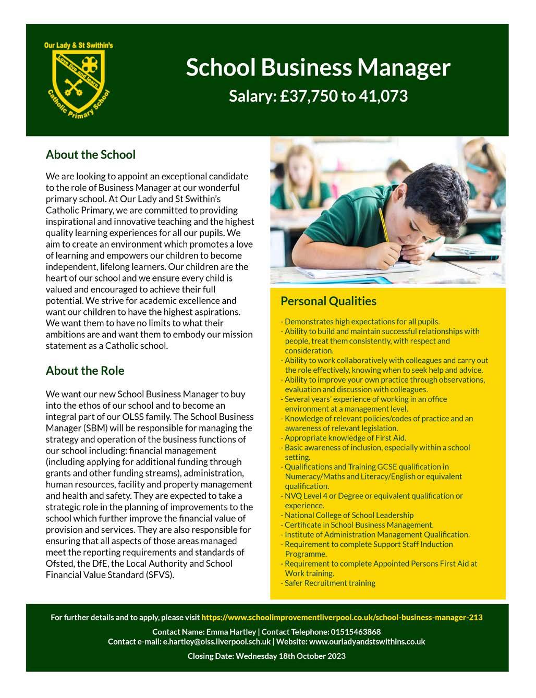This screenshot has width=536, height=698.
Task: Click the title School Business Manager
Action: [x=318, y=68]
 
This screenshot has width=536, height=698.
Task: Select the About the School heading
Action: [x=90, y=154]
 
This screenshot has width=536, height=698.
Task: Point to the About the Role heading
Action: [x=85, y=371]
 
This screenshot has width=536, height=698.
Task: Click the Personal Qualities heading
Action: [x=328, y=301]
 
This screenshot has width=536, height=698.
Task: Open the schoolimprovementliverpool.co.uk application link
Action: [x=342, y=617]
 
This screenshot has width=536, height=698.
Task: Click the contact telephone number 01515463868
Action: [x=356, y=632]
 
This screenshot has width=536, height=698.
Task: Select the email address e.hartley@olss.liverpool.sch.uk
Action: [x=217, y=642]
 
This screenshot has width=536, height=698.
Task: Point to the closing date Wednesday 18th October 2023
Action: [x=290, y=656]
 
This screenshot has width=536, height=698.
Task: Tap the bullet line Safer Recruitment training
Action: [x=330, y=583]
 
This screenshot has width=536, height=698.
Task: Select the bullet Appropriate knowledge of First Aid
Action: [x=345, y=438]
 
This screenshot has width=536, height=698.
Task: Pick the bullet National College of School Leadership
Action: [x=349, y=515]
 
